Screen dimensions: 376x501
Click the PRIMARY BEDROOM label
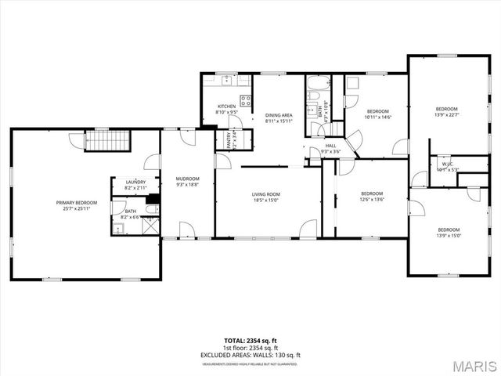coord(75,203)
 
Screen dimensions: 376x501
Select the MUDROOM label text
coord(187,178)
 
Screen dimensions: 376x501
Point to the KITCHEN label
coord(227,107)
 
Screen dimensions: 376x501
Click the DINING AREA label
coord(279,115)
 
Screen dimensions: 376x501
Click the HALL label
coord(330,146)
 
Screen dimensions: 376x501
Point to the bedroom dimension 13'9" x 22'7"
coord(446,114)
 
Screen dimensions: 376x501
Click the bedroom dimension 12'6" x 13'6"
coord(372,200)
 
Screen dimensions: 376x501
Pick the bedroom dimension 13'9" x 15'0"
coord(449,236)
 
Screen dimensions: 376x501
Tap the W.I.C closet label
coord(448,164)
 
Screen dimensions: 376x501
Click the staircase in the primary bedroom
coord(106,141)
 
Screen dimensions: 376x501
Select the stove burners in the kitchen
coord(245,100)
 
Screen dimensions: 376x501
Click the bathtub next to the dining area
coord(318,84)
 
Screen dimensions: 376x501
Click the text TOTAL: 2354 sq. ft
coord(250,341)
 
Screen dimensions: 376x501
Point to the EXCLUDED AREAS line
coord(250,355)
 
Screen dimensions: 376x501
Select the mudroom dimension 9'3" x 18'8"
coord(187,185)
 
